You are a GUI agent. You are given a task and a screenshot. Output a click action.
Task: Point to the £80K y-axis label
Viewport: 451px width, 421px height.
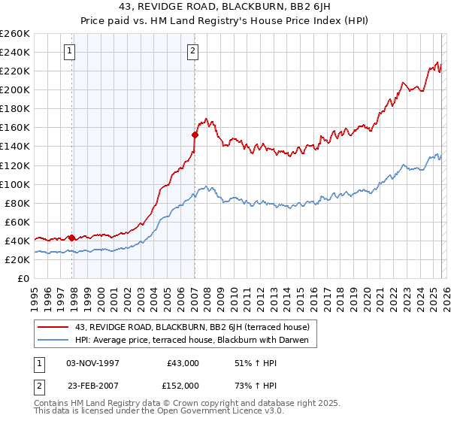click(x=17, y=203)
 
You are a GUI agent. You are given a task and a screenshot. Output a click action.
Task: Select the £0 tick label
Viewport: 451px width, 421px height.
click(x=24, y=278)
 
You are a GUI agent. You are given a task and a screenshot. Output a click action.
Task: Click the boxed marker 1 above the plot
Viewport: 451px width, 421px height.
click(x=70, y=51)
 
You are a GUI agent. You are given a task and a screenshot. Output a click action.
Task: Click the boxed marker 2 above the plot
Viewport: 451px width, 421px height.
click(x=192, y=51)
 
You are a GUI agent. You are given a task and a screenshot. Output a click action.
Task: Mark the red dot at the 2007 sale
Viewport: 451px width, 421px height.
click(x=195, y=135)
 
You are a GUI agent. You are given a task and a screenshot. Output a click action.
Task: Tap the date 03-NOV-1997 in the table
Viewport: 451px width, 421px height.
click(x=92, y=362)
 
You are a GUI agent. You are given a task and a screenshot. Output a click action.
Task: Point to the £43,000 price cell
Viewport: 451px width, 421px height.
click(x=183, y=362)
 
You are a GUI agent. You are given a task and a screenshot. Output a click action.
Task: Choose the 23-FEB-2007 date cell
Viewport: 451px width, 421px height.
click(x=92, y=385)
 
